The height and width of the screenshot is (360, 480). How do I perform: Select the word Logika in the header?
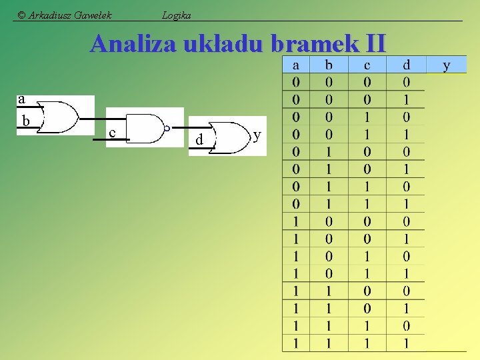177,15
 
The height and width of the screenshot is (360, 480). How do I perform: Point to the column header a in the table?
295,65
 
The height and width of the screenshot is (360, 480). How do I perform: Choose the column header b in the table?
328,65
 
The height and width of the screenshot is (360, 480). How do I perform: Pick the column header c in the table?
367,65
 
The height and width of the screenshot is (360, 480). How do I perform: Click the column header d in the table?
407,65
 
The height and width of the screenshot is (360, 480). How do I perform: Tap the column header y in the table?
446,65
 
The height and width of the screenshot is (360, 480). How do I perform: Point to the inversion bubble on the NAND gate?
167,128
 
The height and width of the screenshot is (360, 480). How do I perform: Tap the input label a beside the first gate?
21,100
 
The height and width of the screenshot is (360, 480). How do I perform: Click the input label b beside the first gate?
25,121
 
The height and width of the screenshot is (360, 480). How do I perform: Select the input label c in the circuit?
112,133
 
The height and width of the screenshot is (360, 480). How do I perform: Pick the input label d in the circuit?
199,140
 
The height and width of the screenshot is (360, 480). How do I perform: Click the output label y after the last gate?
257,135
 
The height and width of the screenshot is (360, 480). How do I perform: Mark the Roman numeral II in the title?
375,44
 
